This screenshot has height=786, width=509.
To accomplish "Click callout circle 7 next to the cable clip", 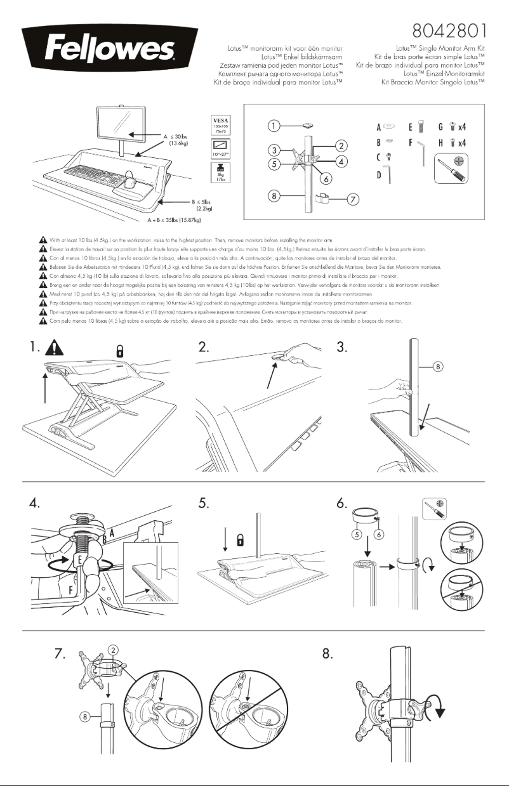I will tap(352, 200).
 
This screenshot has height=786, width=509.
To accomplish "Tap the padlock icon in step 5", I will tap(241, 539).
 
